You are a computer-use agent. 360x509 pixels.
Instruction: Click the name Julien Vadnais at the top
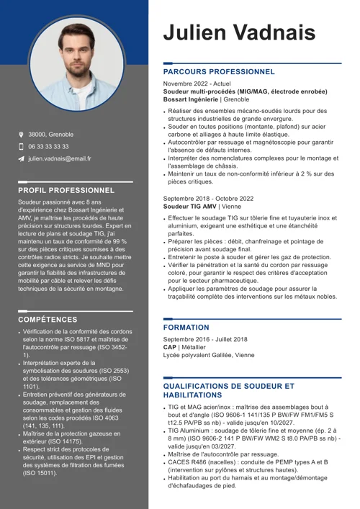pyautogui.click(x=239, y=32)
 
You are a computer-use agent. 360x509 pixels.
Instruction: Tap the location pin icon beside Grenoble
pyautogui.click(x=22, y=135)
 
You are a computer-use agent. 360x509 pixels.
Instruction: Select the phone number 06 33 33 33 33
pyautogui.click(x=49, y=146)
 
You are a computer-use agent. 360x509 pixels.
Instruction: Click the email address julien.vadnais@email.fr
pyautogui.click(x=60, y=158)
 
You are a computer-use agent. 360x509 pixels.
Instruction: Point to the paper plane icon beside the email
pyautogui.click(x=22, y=158)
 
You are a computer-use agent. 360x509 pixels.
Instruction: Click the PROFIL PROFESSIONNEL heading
pyautogui.click(x=66, y=190)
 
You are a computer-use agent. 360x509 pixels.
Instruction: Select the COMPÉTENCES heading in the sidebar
pyautogui.click(x=48, y=319)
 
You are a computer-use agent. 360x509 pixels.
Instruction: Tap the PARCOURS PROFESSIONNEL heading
pyautogui.click(x=219, y=72)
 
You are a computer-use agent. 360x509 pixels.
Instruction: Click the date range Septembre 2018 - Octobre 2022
pyautogui.click(x=208, y=198)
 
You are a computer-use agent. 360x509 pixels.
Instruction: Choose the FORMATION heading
pyautogui.click(x=186, y=328)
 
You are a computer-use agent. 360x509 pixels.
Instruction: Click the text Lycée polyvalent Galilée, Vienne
pyautogui.click(x=208, y=355)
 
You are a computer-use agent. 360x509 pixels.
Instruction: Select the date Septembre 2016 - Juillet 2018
pyautogui.click(x=204, y=339)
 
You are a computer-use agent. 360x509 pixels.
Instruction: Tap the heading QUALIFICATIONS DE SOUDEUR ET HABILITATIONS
pyautogui.click(x=228, y=391)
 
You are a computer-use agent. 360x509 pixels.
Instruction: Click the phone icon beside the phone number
pyautogui.click(x=22, y=146)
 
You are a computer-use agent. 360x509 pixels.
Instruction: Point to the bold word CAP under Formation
pyautogui.click(x=170, y=347)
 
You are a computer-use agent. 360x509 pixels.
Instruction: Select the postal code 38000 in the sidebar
pyautogui.click(x=37, y=135)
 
